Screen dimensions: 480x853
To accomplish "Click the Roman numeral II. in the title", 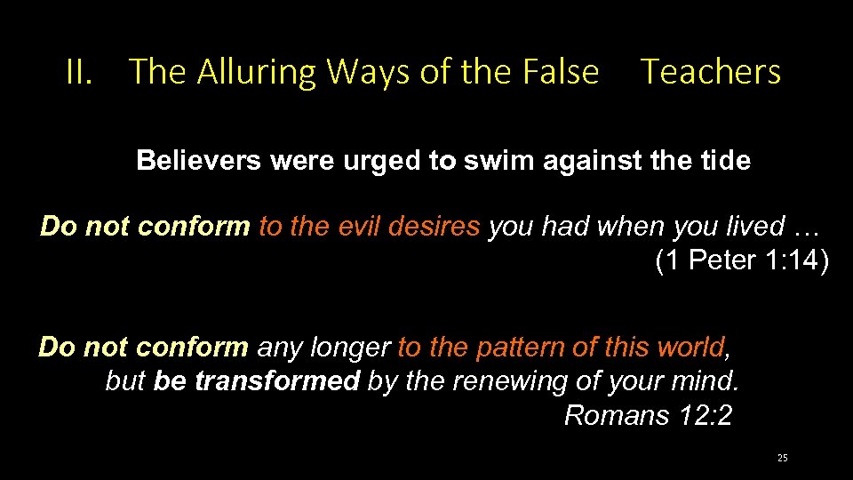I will click(79, 72).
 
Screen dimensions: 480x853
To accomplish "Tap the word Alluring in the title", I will click(255, 72).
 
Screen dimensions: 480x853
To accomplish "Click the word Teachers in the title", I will click(711, 72).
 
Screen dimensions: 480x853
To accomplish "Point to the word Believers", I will click(199, 161).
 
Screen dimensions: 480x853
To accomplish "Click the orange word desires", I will click(439, 227).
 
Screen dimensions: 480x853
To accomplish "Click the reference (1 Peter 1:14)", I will click(741, 262).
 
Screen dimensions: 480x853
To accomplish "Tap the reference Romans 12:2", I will click(648, 415).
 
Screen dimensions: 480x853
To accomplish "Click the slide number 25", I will click(782, 459).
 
